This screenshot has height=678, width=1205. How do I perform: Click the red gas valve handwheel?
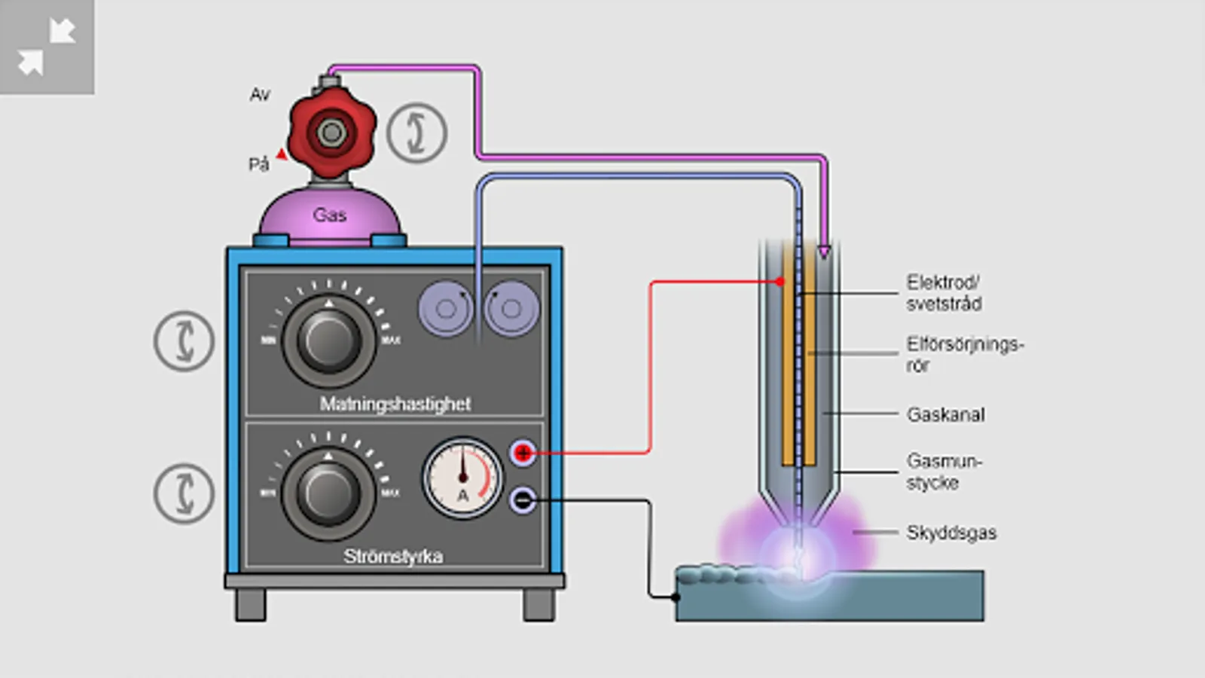coord(331,133)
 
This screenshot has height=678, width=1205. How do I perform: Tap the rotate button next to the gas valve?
coord(416,133)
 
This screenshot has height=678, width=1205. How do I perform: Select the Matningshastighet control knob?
coord(328,341)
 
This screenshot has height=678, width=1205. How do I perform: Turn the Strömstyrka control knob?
coord(328,493)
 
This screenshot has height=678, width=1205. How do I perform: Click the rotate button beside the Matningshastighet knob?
coord(184,341)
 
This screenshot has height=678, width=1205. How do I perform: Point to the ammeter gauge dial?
coord(462,478)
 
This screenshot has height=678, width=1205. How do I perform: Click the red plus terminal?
coord(523,453)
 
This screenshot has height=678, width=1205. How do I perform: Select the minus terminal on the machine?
coord(523,499)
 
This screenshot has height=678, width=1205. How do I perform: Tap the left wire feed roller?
coord(446,308)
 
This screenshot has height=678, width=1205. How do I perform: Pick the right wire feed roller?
coord(511,308)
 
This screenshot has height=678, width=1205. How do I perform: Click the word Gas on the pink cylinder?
coord(329,215)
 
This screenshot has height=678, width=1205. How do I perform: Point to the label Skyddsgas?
coord(951,533)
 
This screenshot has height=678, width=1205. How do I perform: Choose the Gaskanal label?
coord(945,414)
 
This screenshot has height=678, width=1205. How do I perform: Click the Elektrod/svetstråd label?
coord(943,293)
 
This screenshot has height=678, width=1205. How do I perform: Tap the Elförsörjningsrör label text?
coord(964,354)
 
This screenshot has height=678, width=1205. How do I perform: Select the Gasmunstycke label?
coord(943,472)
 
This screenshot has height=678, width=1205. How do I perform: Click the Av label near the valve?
coord(260,95)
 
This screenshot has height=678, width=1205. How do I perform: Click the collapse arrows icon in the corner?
coord(47,47)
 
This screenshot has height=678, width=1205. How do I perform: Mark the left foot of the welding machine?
coord(251,604)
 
